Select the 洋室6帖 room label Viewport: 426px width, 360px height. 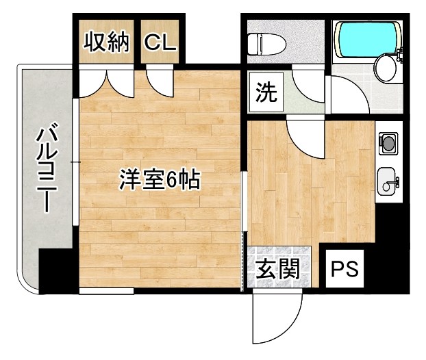tap(159, 180)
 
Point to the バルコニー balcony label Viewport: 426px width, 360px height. tap(46, 168)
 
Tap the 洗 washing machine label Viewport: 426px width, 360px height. tap(266, 93)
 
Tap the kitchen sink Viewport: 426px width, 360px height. tap(388, 180)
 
